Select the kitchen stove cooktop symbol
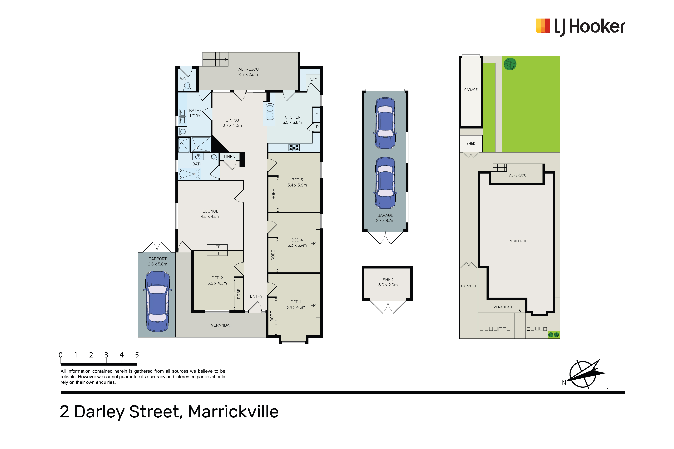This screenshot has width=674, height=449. point(294,147)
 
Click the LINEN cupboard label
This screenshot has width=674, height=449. point(230,157)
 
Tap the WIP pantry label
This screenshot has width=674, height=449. point(314,80)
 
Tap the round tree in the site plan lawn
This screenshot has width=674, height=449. point(510,64)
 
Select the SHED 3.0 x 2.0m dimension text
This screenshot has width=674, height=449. point(388,285)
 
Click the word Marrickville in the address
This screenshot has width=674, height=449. point(233,412)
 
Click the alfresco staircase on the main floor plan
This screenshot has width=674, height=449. point(215,59)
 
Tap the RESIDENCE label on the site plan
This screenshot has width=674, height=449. point(518,241)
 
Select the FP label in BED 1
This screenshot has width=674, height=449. point(313,305)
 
